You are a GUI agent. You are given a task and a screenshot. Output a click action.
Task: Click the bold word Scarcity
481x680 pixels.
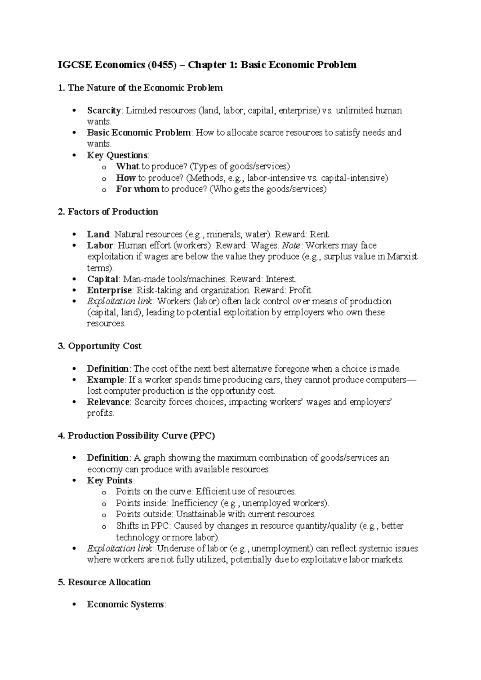click(104, 110)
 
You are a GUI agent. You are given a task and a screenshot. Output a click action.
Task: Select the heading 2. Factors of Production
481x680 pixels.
click(108, 212)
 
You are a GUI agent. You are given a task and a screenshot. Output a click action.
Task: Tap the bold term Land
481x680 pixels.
click(98, 234)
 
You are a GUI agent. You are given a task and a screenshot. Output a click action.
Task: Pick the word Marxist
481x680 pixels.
click(402, 257)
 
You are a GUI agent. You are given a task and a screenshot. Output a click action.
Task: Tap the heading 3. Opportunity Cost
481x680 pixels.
click(100, 346)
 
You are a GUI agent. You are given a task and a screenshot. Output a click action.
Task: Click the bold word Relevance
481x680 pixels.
click(108, 402)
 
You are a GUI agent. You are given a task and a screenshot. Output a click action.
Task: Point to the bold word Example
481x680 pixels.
click(105, 380)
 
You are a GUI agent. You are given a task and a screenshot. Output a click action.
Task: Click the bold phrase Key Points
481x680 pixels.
click(110, 481)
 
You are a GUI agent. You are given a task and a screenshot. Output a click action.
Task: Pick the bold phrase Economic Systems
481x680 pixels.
click(125, 605)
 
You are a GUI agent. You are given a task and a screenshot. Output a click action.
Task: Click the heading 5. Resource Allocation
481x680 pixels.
click(104, 582)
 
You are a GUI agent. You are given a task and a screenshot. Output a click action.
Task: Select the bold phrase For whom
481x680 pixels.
click(137, 189)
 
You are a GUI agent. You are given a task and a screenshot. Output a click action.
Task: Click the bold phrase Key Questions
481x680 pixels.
click(117, 156)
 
